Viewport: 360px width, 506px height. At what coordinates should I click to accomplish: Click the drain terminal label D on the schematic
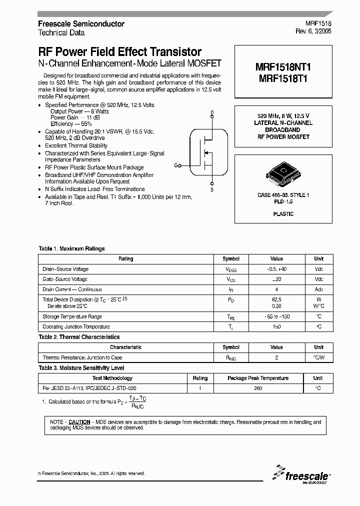[x=212, y=112]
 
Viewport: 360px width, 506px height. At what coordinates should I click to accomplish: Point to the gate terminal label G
[x=176, y=164]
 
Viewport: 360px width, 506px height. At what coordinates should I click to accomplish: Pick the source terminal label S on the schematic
[x=212, y=189]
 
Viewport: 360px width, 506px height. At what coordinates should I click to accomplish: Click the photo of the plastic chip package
[x=283, y=173]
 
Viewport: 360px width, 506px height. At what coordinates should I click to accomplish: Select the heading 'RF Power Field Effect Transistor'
[x=120, y=51]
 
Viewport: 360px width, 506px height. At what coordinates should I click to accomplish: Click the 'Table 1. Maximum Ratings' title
[x=72, y=248]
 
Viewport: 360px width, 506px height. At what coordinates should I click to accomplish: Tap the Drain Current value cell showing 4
[x=276, y=289]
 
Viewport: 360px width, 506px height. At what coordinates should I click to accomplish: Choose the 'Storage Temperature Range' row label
[x=72, y=316]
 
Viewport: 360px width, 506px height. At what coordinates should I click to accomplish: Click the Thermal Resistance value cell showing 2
[x=276, y=357]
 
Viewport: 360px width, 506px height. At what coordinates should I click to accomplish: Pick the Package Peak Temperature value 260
[x=258, y=388]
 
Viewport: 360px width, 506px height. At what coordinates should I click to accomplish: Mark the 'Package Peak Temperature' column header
[x=258, y=378]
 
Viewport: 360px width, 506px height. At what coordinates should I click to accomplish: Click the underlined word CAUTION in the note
[x=79, y=422]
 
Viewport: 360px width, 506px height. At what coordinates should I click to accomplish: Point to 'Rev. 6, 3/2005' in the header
[x=313, y=31]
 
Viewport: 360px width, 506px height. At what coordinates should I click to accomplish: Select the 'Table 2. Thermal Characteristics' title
[x=79, y=337]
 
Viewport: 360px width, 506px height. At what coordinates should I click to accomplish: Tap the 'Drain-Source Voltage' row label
[x=65, y=269]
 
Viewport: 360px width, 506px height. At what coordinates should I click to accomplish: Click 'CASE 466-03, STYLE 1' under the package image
[x=283, y=195]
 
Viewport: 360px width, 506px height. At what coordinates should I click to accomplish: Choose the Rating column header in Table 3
[x=200, y=378]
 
